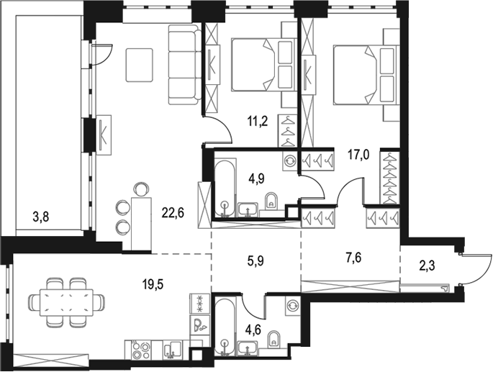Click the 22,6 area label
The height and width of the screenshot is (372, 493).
click(x=173, y=213)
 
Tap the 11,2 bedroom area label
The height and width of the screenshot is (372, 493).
click(x=257, y=121)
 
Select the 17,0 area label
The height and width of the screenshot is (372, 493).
click(x=358, y=155)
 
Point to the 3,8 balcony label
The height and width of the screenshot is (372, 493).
click(x=41, y=217)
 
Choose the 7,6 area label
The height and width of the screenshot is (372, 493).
click(x=353, y=258)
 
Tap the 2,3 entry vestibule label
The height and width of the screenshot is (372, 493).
click(x=426, y=266)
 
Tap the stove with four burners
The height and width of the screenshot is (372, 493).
click(x=140, y=350)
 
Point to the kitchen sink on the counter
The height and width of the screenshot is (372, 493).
click(x=173, y=350)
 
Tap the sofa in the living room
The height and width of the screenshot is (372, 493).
click(x=185, y=65)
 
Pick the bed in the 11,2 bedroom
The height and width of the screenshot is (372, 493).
click(x=264, y=65)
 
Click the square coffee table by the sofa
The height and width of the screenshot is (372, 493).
click(x=140, y=65)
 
